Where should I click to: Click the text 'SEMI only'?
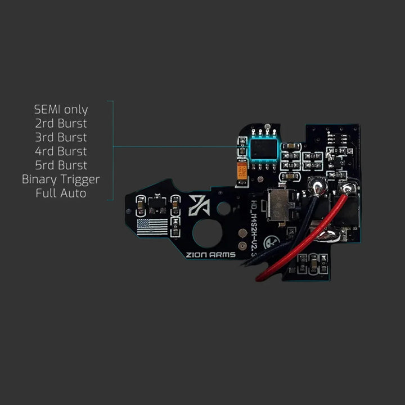coord(61,109)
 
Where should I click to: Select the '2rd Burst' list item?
coord(61,123)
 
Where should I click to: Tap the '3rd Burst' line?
coord(61,137)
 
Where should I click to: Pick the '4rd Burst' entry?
coord(61,151)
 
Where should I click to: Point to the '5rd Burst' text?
coord(61,165)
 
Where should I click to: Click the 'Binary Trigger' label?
coord(61,179)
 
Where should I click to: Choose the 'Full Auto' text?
coord(61,193)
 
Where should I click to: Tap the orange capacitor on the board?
coord(242,170)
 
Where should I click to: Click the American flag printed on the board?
coord(152,227)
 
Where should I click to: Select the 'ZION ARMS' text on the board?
coord(211,254)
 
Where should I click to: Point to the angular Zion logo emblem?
coord(200,205)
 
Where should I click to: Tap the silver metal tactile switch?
coord(278,205)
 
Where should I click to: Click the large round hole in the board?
coord(206,233)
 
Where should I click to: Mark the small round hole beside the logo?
coord(224,209)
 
